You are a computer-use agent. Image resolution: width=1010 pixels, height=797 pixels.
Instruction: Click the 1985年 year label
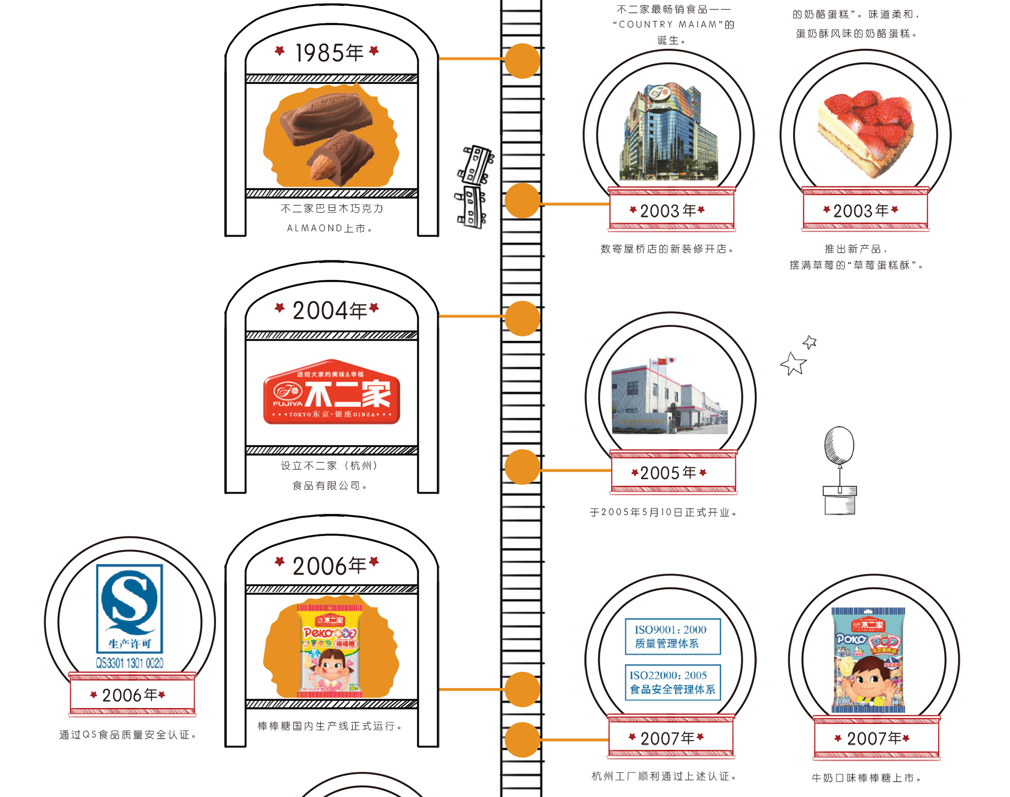[x=330, y=52]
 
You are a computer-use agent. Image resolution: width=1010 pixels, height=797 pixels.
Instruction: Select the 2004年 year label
[x=330, y=311]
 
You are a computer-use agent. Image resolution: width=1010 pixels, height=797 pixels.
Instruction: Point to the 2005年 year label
[x=669, y=473]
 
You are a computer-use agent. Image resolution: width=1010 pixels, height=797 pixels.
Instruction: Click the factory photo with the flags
[x=669, y=396]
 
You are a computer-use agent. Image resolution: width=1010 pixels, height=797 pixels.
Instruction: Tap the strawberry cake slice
[x=866, y=133]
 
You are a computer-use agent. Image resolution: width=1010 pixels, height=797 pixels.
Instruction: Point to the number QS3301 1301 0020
[x=129, y=663]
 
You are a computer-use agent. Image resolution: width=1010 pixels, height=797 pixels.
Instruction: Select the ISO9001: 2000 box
[x=672, y=636]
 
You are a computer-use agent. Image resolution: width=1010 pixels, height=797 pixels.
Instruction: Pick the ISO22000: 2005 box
[x=672, y=682]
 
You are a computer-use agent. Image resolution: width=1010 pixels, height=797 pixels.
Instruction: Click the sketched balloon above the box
[x=839, y=444]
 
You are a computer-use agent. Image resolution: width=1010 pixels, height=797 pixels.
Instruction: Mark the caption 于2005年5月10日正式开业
[x=663, y=512]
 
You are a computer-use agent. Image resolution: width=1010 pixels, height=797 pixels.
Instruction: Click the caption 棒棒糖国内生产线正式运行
[x=330, y=726]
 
